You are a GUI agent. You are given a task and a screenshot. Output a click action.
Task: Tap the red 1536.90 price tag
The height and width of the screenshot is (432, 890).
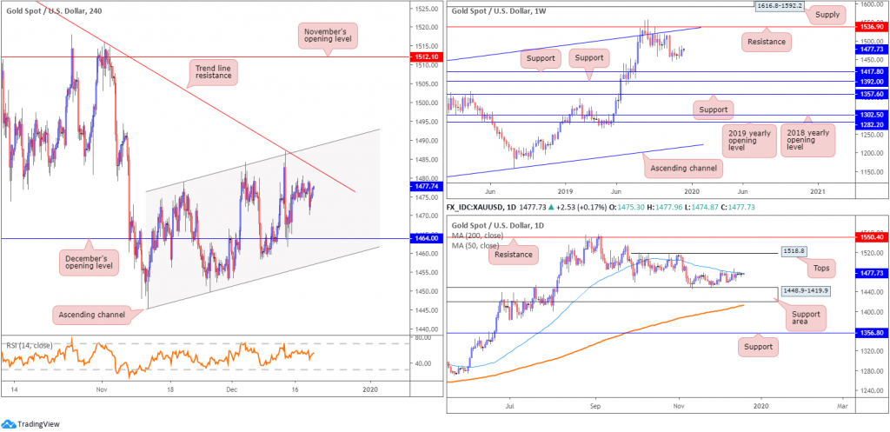[866, 28]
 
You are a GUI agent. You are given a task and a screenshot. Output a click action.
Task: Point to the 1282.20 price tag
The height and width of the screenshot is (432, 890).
[866, 124]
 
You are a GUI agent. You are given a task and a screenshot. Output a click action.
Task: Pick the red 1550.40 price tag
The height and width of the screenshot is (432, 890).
[866, 236]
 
